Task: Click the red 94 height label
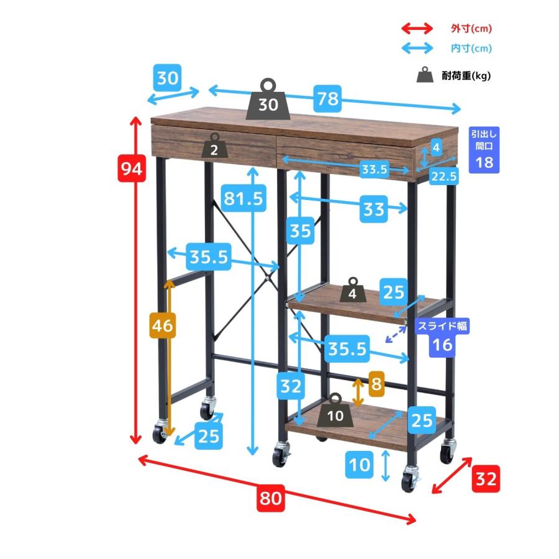click(x=132, y=168)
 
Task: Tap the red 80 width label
click(x=271, y=498)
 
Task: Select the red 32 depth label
click(x=486, y=479)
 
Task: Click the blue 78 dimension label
click(x=327, y=98)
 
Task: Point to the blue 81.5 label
click(x=243, y=198)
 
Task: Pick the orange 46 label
click(x=163, y=325)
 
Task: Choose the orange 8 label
click(x=376, y=384)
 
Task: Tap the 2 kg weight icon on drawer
click(x=215, y=145)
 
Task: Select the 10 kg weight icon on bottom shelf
click(x=335, y=411)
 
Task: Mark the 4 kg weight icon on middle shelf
click(x=353, y=290)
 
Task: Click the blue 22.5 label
click(x=444, y=176)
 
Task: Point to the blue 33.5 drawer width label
click(x=374, y=169)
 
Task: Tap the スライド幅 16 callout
click(x=442, y=337)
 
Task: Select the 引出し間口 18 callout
click(x=484, y=150)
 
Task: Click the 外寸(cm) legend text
click(x=471, y=28)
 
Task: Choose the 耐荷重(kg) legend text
click(x=466, y=76)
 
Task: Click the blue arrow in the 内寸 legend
click(x=417, y=48)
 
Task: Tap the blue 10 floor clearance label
click(x=360, y=465)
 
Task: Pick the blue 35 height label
click(x=300, y=230)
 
